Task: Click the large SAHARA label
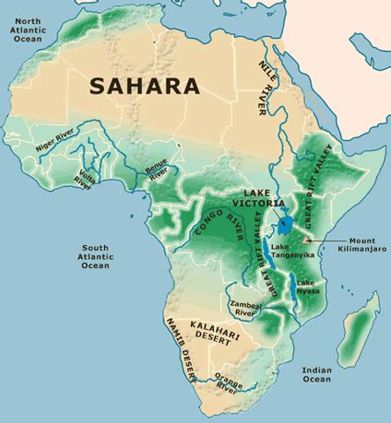[144, 86]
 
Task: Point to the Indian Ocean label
[316, 374]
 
